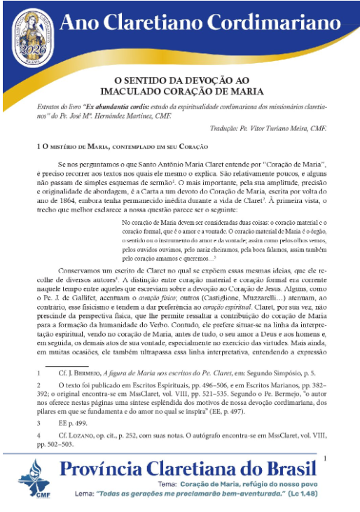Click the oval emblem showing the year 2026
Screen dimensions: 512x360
point(33,34)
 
